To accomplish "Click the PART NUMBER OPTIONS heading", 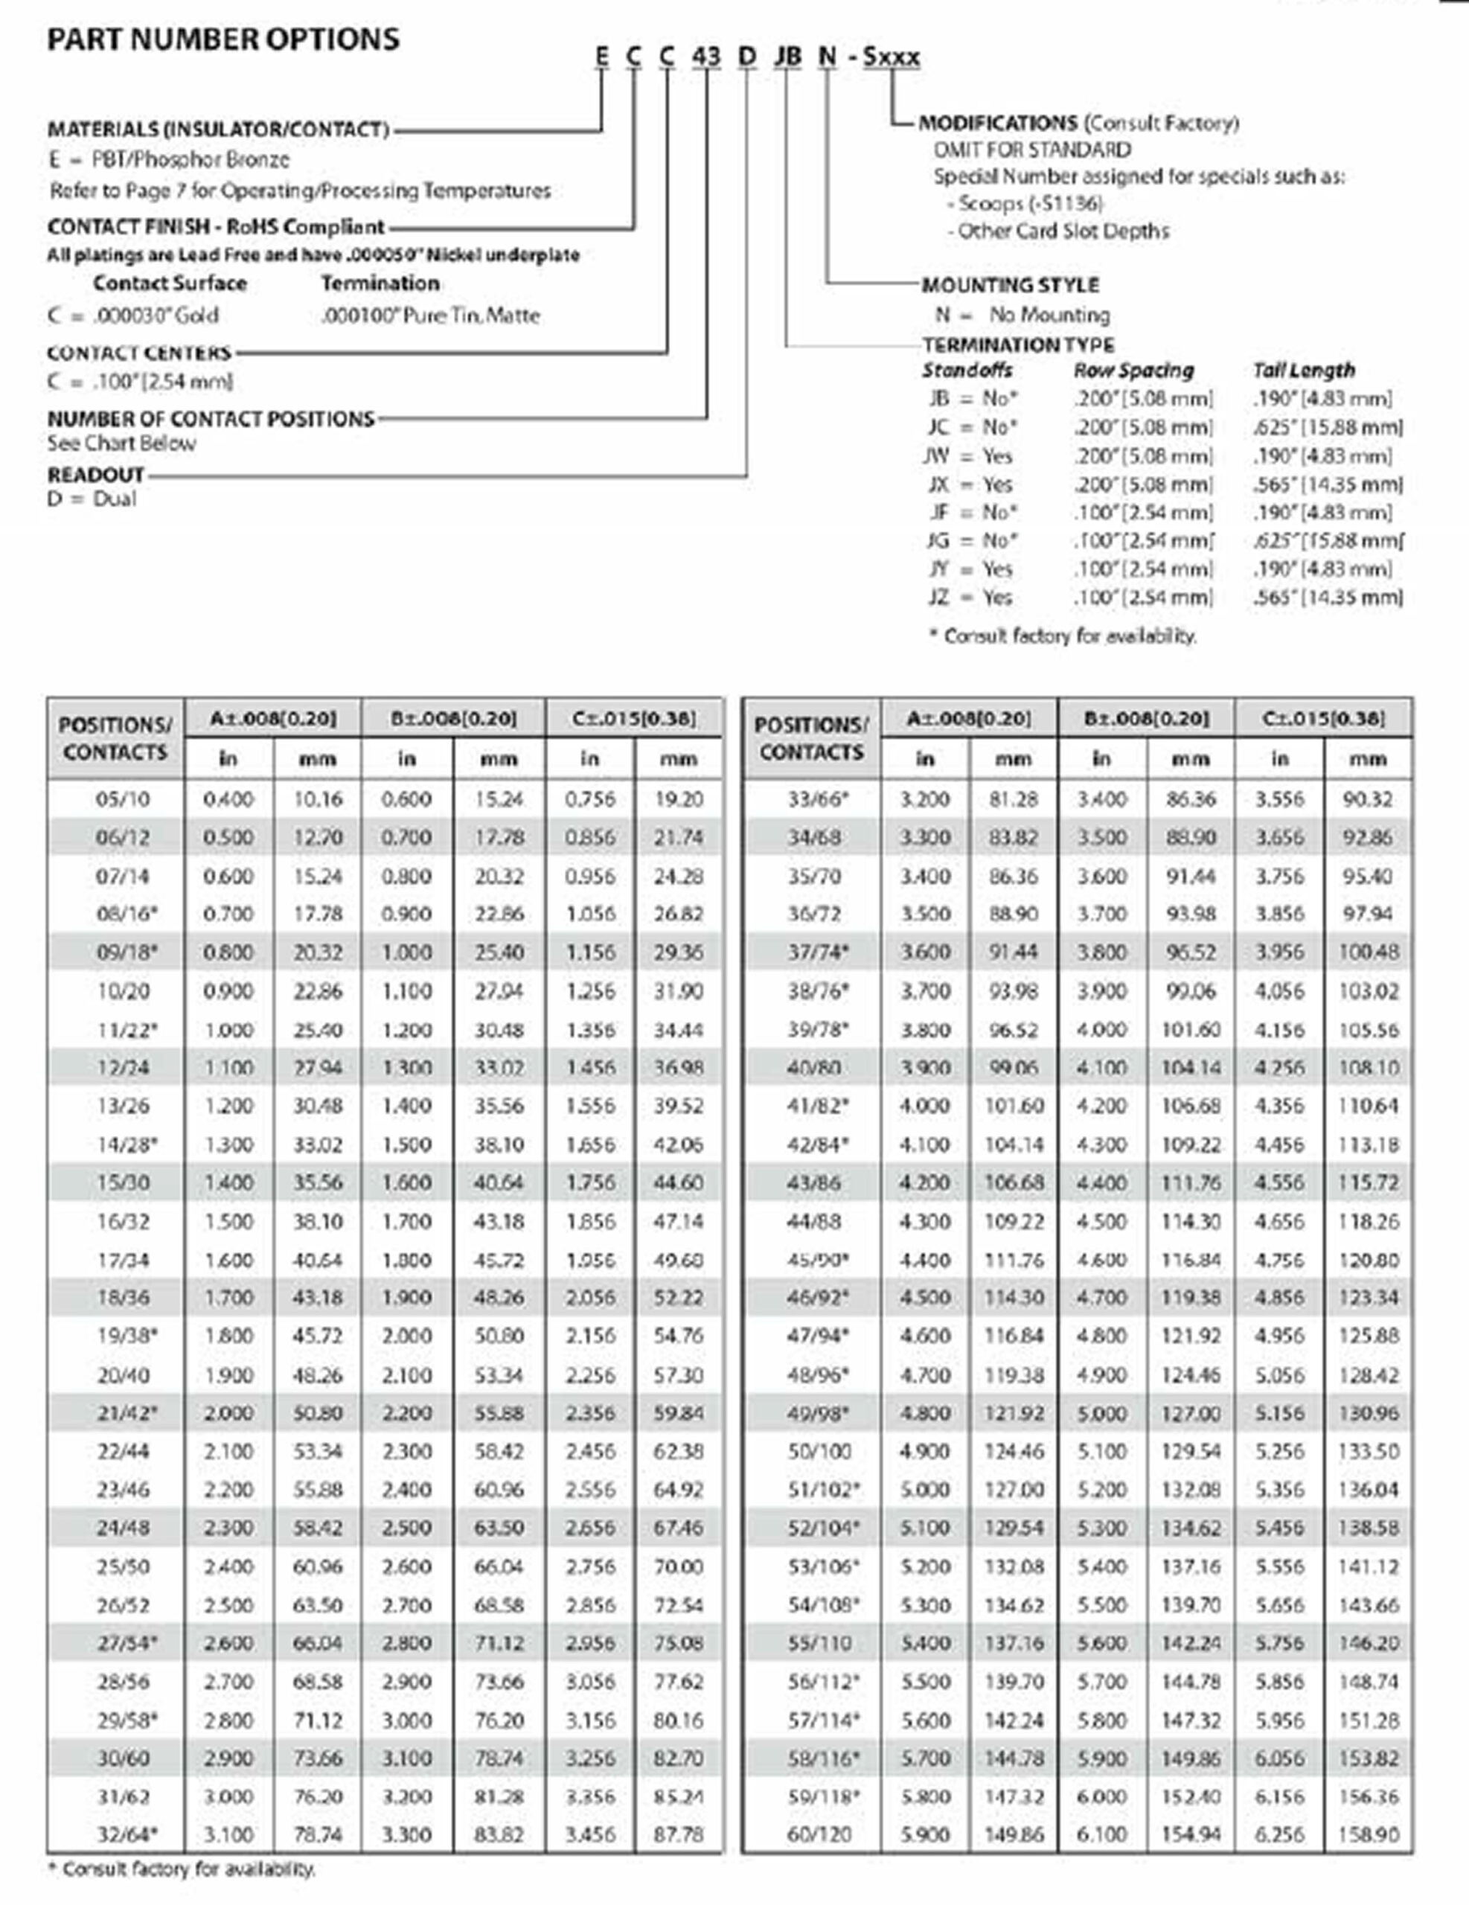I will coord(223,40).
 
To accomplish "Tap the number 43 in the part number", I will coord(705,57).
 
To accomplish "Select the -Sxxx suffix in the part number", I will coord(891,57).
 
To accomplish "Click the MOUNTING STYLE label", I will coord(1010,285).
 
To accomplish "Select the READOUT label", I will coord(96,476).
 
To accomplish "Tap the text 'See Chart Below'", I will coord(121,443).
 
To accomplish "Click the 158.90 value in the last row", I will coord(1368,1834).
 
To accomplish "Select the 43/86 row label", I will coord(814,1182).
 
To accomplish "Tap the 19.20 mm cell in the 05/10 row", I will coord(678,799).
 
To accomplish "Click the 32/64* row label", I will coord(127,1834).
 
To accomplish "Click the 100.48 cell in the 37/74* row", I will coord(1368,952).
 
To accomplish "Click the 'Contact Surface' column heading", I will coord(170,284).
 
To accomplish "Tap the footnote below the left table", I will coord(181,1869).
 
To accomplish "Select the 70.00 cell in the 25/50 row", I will coord(678,1566).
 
